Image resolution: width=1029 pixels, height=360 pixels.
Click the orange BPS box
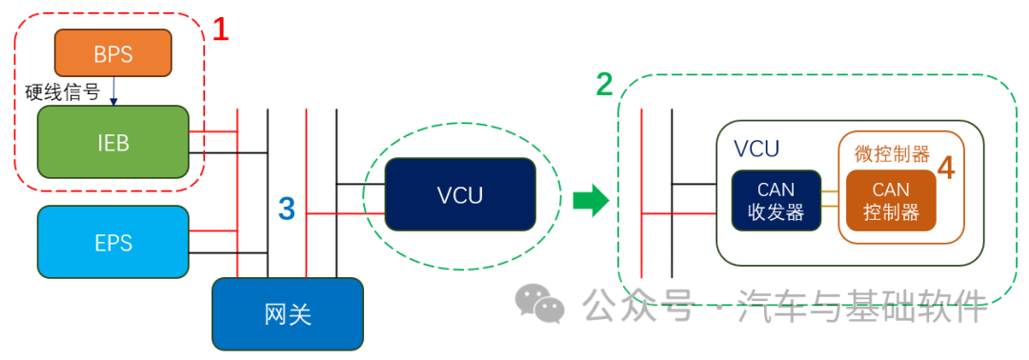pos(112,52)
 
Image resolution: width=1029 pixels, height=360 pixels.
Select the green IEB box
pos(112,142)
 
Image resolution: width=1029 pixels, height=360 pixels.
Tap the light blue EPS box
pos(112,242)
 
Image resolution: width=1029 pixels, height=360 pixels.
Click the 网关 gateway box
pos(287,313)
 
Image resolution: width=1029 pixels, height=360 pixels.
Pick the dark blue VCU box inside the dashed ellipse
pos(459,195)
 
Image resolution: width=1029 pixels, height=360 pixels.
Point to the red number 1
pos(220,30)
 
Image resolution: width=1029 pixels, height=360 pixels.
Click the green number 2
pos(604,85)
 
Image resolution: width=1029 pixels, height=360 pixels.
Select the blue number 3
pos(287,207)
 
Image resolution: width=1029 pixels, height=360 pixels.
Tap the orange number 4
pos(945,169)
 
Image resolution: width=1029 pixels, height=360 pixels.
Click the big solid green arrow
pos(591,201)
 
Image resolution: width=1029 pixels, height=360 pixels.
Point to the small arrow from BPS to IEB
pos(113,90)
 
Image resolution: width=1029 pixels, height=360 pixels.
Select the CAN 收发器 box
pos(775,200)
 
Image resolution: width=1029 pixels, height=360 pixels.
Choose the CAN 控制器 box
pos(891,200)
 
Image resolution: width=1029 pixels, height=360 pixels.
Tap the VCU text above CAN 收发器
pos(757,149)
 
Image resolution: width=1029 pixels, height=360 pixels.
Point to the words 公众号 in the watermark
pos(636,307)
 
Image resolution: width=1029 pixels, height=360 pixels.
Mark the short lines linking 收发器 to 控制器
pos(830,200)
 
